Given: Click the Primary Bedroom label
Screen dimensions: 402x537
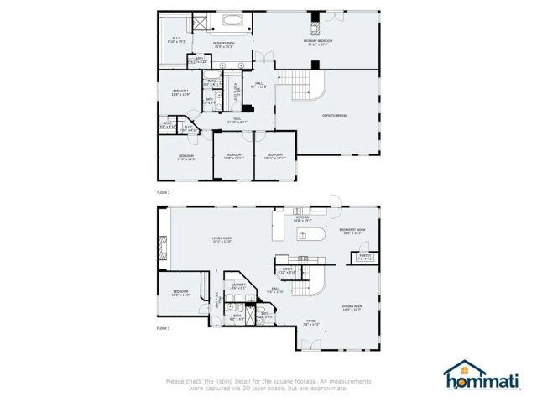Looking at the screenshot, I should tap(318, 42).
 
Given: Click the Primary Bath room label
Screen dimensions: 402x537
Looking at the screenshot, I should tap(223, 44).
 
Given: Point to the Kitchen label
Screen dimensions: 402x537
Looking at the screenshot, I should tap(302, 219).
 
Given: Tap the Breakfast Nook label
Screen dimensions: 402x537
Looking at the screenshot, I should tap(352, 231).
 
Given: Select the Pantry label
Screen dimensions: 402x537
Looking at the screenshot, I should tap(365, 257).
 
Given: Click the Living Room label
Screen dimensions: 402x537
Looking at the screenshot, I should tap(222, 241).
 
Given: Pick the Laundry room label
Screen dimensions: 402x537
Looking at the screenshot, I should tap(239, 285).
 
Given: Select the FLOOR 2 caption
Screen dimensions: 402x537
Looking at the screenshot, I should tap(163, 193).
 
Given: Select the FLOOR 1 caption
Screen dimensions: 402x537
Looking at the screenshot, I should tap(163, 328).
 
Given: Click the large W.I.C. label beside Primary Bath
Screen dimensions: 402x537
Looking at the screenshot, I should tap(177, 39).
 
